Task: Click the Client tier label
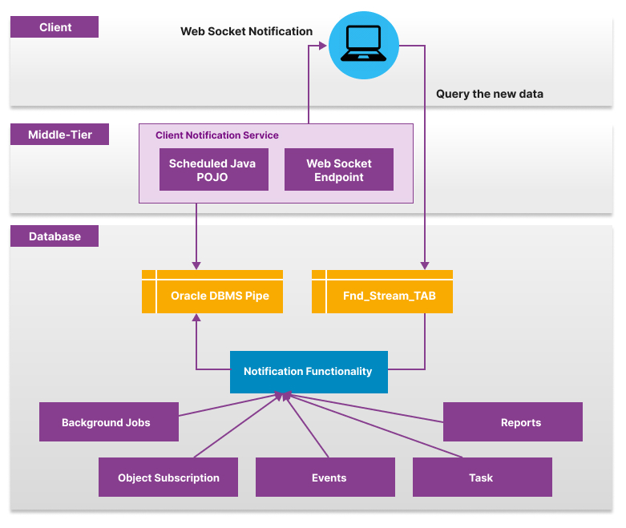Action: coord(55,27)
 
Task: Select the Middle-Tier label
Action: coord(59,135)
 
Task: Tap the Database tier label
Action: coord(55,236)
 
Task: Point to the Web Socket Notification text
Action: coord(246,31)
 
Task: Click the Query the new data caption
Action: coord(489,94)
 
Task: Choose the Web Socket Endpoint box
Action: coord(339,170)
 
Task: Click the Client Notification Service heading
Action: coord(217,135)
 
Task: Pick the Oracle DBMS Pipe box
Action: coord(220,296)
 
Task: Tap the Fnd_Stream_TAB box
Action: coord(390,296)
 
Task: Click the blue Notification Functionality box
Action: coord(309,372)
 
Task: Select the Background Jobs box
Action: coord(108,422)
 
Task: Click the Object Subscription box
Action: coord(168,478)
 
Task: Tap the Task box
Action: coord(482,478)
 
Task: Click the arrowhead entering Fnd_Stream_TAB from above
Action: coord(424,265)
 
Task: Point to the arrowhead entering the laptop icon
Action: coord(323,46)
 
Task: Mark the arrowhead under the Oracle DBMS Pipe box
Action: coord(196,318)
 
